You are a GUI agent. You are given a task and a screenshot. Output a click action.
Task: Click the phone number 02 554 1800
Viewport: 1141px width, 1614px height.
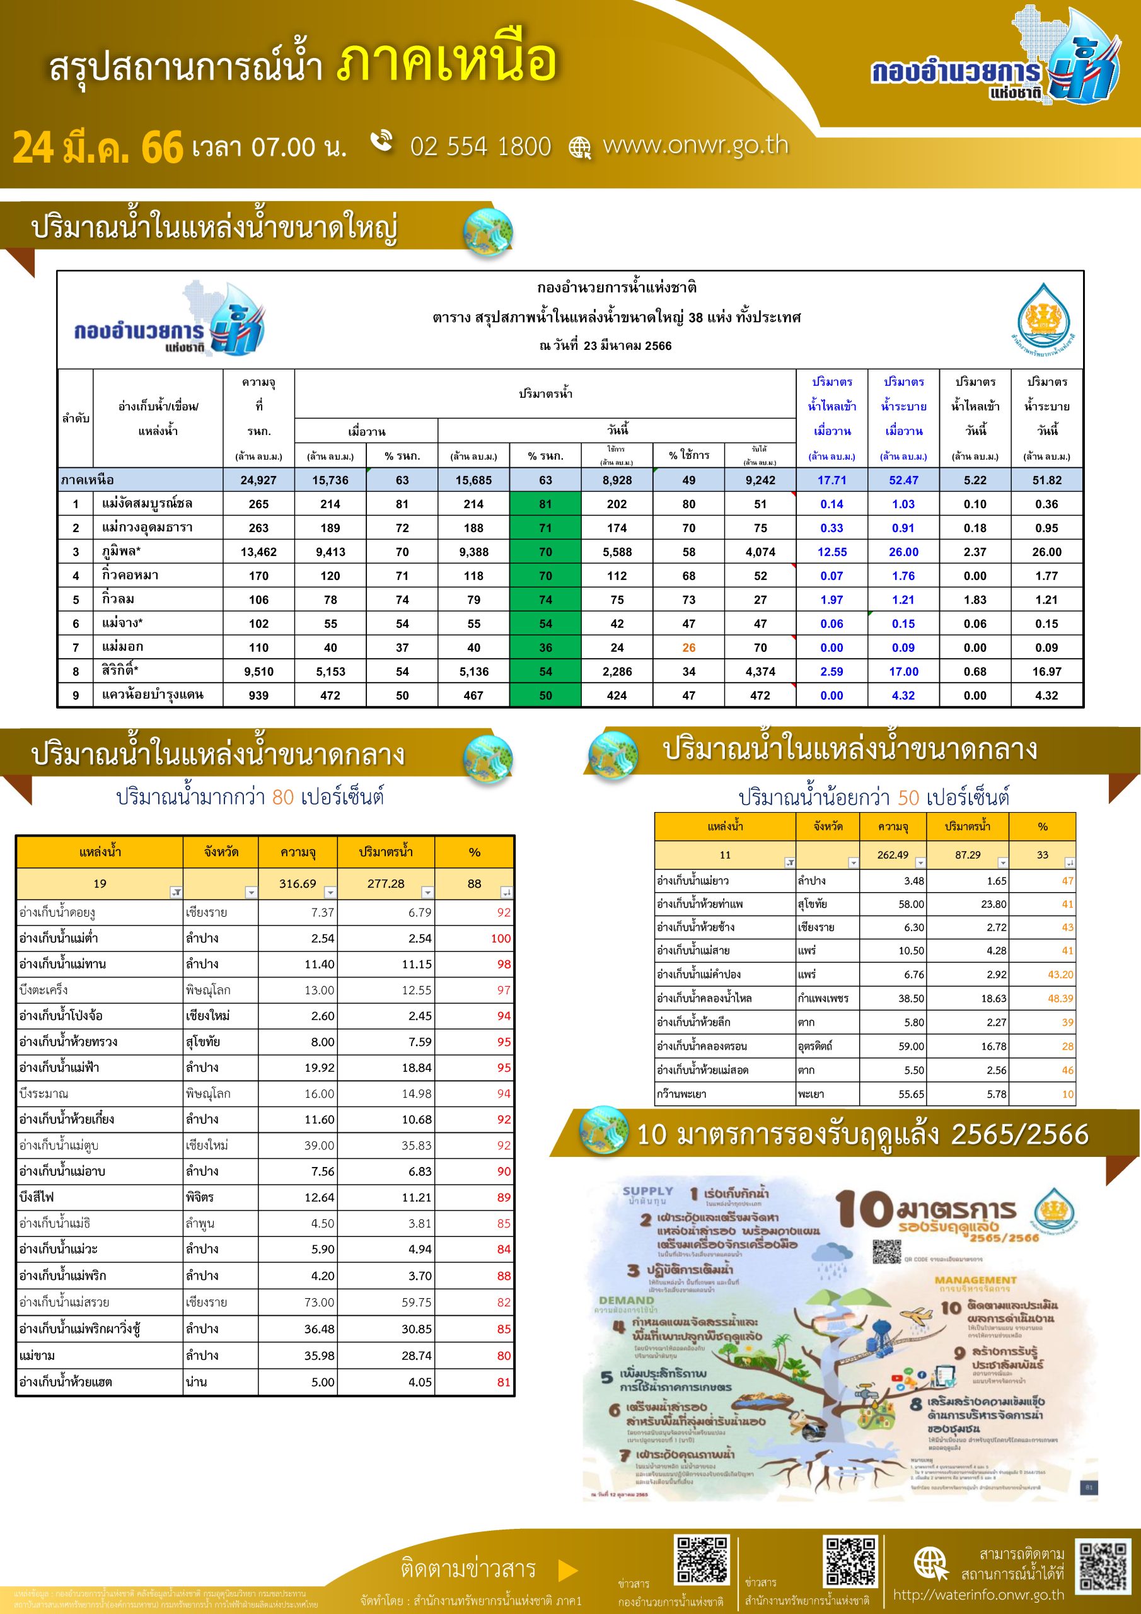(481, 146)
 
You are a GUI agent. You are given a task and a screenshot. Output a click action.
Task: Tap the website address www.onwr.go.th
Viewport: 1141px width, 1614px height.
(695, 145)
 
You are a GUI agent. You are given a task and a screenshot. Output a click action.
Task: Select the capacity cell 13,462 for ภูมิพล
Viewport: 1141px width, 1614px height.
(258, 552)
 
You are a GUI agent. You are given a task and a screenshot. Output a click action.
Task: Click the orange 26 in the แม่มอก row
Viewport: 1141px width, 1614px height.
(688, 647)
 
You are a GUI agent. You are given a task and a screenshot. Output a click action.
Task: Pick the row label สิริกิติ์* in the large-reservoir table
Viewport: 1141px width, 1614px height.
(120, 671)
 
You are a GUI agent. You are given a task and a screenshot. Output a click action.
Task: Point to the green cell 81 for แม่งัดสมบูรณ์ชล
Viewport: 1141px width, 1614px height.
(545, 504)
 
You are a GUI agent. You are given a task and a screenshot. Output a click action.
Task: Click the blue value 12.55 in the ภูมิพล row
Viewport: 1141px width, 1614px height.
(831, 552)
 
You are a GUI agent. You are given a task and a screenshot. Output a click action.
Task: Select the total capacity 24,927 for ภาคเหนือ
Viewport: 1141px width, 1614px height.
(258, 480)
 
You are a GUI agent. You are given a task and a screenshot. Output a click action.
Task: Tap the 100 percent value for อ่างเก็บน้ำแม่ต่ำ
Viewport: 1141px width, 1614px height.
(501, 939)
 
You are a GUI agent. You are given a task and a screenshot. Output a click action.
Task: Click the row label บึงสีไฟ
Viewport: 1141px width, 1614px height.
(37, 1197)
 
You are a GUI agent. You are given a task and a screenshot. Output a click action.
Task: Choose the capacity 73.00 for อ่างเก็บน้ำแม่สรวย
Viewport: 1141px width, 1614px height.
(318, 1302)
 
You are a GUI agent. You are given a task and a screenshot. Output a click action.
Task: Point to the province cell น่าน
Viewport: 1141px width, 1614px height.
(196, 1382)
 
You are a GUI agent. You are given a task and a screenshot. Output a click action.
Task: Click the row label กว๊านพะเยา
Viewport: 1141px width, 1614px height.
(681, 1094)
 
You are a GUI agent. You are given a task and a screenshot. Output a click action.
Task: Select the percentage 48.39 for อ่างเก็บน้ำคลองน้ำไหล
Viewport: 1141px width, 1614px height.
(1060, 998)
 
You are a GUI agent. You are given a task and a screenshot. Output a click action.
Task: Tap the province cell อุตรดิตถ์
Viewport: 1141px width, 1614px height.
(815, 1046)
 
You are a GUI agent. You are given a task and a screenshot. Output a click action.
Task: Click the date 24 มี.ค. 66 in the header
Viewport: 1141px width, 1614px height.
(97, 148)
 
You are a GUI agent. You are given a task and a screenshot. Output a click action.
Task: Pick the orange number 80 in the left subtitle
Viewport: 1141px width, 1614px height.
(282, 796)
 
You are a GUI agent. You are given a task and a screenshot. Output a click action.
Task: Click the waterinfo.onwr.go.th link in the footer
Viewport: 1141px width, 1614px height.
(978, 1594)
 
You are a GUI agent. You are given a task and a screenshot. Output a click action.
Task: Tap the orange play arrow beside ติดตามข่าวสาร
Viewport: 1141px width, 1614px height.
(567, 1570)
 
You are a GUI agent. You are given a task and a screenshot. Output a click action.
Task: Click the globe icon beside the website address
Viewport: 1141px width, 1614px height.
(580, 148)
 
